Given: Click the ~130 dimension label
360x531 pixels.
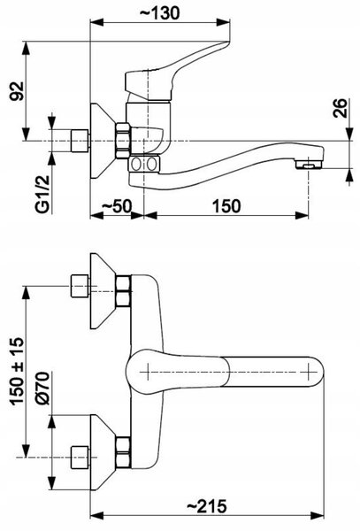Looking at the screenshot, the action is point(160,13).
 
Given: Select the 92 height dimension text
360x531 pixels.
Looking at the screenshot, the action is point(17,91).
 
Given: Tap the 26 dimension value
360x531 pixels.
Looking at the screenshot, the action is point(340,108).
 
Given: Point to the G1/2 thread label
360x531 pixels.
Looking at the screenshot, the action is point(42,194).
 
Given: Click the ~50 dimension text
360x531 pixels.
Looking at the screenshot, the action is point(116,206).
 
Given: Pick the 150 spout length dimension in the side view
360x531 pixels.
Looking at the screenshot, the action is point(226,206).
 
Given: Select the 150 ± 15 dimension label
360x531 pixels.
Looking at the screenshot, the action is point(17,371).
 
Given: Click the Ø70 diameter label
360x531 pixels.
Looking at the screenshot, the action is point(42,389).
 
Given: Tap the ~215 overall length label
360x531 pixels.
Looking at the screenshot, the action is point(207,506).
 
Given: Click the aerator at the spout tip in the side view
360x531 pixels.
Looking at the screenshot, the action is point(308,165).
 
